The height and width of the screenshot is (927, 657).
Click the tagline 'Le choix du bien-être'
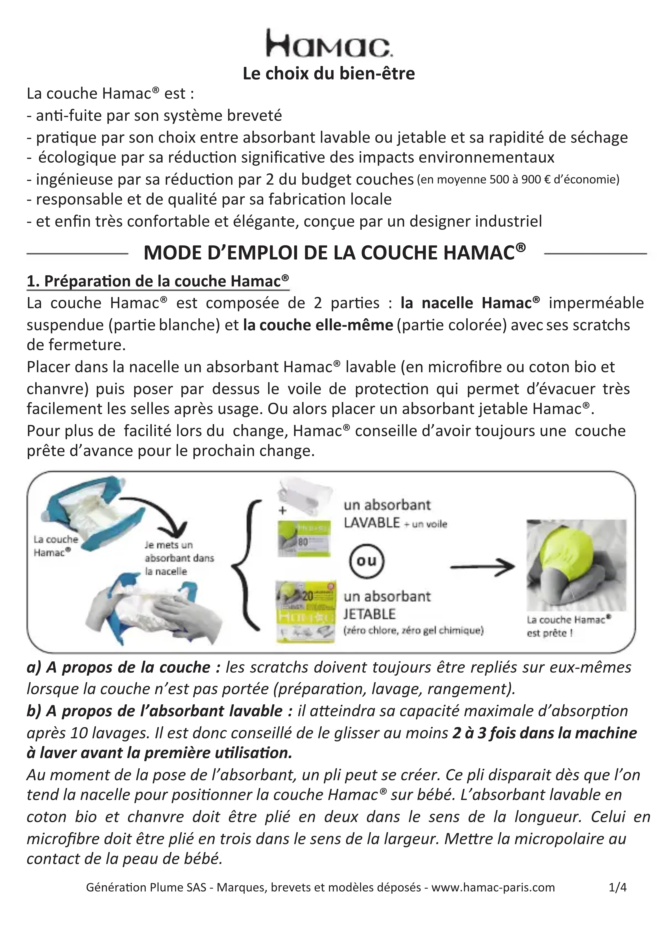click(328, 74)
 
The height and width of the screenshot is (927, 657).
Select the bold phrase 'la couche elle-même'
click(318, 325)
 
